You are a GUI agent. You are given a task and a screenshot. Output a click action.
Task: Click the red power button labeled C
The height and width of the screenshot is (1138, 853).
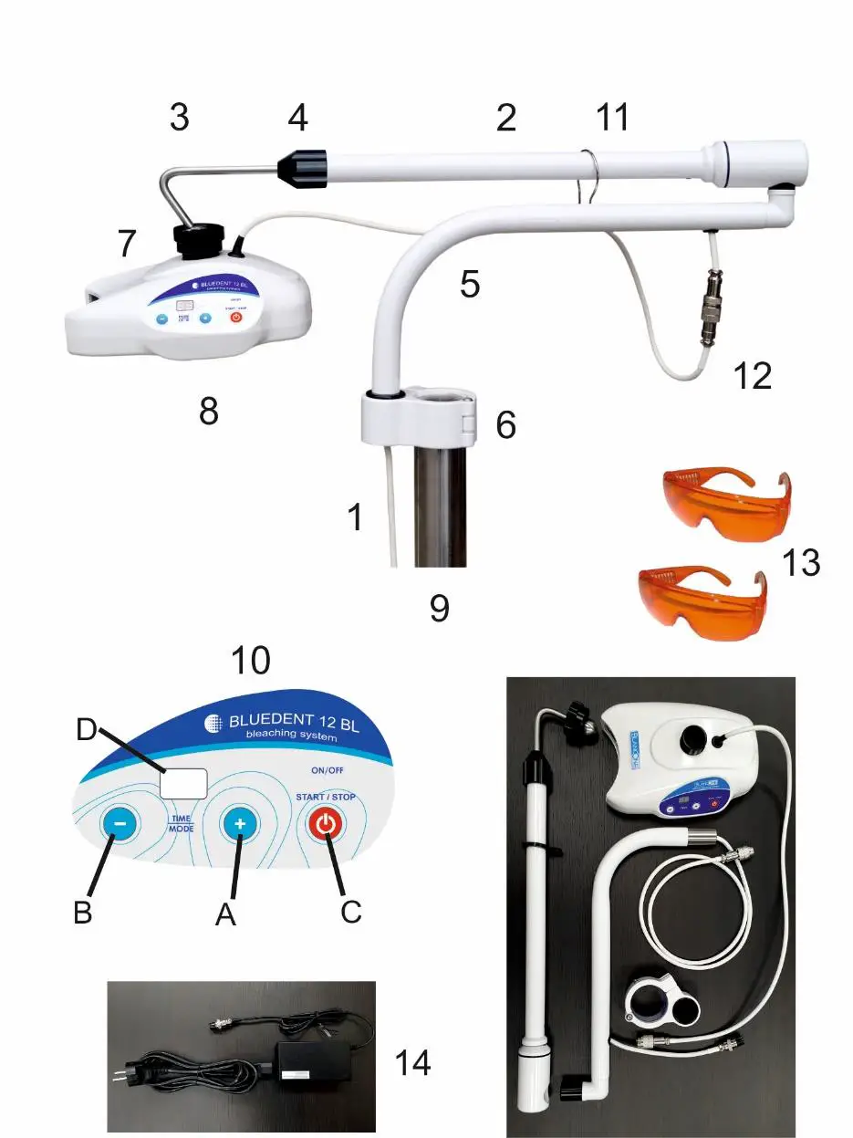coord(328,825)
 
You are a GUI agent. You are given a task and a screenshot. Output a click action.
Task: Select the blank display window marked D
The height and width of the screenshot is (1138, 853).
coord(183,781)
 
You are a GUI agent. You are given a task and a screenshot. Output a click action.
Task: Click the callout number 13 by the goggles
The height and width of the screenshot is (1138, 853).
coord(801,563)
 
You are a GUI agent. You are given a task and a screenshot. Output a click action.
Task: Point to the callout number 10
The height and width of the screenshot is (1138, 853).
coord(250,660)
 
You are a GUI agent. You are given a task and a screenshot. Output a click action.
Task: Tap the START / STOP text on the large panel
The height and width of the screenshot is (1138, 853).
coord(325,797)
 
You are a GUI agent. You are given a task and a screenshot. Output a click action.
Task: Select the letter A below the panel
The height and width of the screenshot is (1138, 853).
coord(225,914)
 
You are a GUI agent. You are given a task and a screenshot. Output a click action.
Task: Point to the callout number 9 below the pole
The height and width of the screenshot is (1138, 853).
coord(440,608)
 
